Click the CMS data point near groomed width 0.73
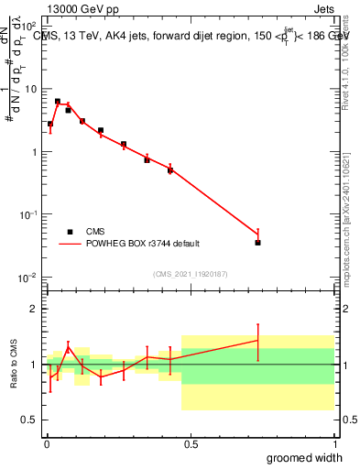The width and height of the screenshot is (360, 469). pos(257,243)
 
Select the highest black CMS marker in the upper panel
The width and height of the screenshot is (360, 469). pos(58,102)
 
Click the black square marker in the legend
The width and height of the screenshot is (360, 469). pos(70,232)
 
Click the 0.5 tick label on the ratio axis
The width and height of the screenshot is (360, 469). pos(31,420)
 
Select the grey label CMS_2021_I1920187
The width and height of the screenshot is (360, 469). pos(191,273)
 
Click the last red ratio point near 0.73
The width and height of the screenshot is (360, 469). pos(257,341)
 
